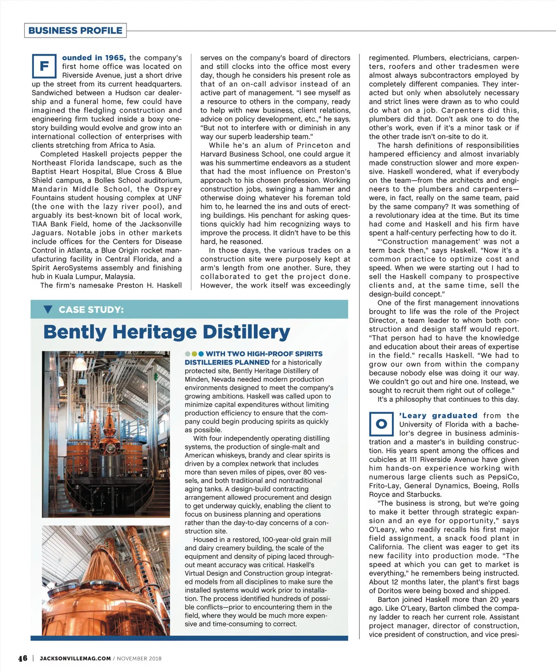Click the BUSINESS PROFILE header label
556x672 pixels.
(75, 31)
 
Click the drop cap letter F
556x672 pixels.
(44, 66)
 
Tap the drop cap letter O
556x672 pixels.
(381, 424)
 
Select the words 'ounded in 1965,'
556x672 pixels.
(94, 58)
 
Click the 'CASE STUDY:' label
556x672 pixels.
(91, 310)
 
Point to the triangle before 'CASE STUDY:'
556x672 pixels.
(48, 310)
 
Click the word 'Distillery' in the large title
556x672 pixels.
(246, 332)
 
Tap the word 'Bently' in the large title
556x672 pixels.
(75, 332)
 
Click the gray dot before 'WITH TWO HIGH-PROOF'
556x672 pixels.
(188, 354)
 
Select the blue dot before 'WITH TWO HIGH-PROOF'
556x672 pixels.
(201, 354)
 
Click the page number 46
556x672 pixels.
(23, 658)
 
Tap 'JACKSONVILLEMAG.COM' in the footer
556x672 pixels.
(75, 658)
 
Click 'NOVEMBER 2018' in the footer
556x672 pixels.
(139, 658)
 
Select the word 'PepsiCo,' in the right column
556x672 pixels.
(503, 477)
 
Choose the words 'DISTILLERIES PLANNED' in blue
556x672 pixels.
(227, 362)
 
